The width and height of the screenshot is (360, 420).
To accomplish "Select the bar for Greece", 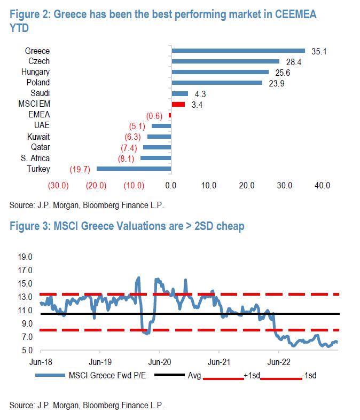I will click(x=238, y=51).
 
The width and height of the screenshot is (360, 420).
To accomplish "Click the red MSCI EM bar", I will click(x=178, y=104).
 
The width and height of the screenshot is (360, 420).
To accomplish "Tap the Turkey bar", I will click(x=134, y=169).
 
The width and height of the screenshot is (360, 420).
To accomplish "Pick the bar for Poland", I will click(x=217, y=83).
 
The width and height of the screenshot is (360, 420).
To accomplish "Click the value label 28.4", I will click(x=292, y=61).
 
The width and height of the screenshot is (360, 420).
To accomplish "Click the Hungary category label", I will click(x=36, y=72).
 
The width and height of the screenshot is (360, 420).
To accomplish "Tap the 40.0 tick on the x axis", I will click(x=322, y=186).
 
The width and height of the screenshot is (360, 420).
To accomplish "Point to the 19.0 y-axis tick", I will click(x=25, y=257).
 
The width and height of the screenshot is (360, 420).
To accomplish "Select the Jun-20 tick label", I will click(x=159, y=360).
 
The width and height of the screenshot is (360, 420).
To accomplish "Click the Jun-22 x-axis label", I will click(x=278, y=360).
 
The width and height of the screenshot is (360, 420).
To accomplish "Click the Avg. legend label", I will click(x=194, y=375).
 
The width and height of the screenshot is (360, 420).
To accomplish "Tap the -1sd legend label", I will click(x=309, y=375).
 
